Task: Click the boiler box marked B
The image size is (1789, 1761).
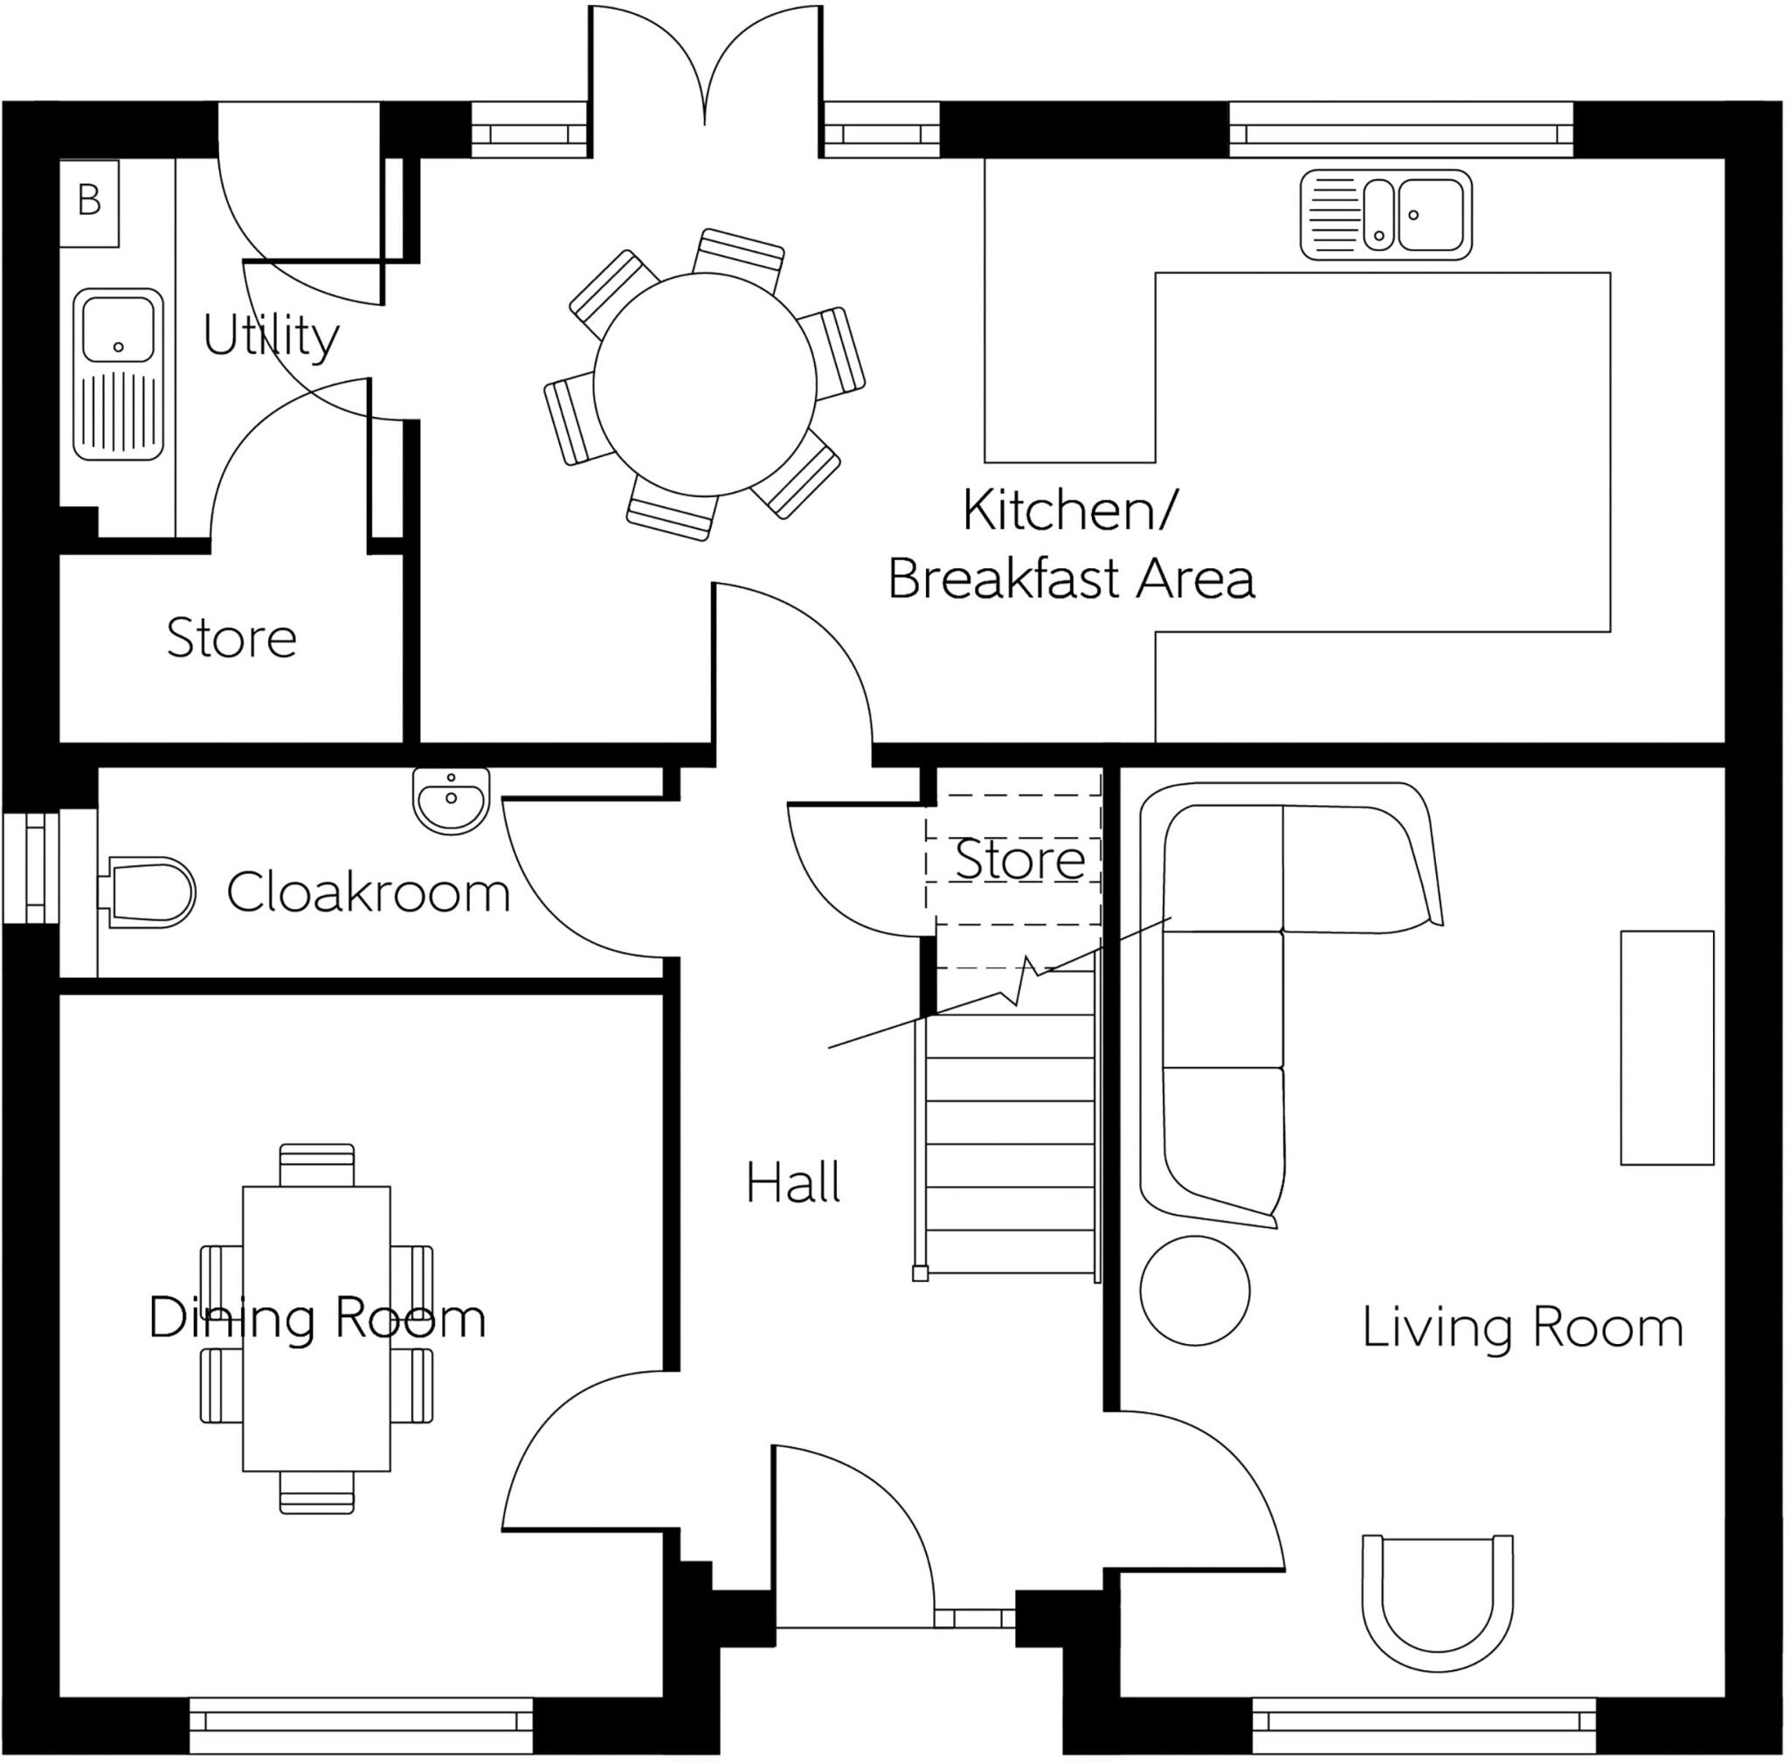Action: (x=89, y=203)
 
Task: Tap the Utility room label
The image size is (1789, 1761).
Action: (x=270, y=335)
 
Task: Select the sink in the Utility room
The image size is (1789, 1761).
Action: (x=117, y=374)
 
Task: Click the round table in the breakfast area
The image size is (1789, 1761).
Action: (x=704, y=384)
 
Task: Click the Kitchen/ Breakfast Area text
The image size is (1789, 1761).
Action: (x=1070, y=544)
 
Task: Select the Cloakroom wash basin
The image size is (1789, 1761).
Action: (x=451, y=798)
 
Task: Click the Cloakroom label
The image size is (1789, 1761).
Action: (x=368, y=892)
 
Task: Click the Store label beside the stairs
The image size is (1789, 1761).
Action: (x=1019, y=859)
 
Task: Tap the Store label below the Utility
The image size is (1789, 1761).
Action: (x=231, y=638)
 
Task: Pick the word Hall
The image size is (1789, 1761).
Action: (x=792, y=1183)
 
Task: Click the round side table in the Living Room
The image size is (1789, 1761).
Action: (x=1194, y=1290)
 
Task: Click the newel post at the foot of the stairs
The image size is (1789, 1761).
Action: (x=920, y=1273)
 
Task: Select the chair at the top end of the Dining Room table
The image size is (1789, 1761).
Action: (x=316, y=1164)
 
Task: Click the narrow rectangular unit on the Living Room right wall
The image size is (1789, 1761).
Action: (x=1666, y=1048)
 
